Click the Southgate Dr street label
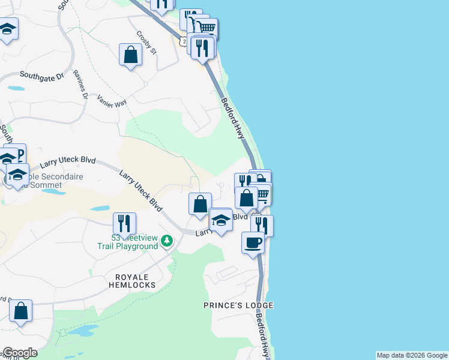[41, 76]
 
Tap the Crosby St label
[146, 43]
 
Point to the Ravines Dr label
[80, 85]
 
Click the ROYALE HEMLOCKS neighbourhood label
[131, 281]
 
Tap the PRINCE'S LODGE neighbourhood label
[238, 305]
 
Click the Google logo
[19, 353]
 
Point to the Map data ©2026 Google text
[412, 355]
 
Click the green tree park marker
[167, 242]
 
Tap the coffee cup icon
[253, 242]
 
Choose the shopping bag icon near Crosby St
[130, 55]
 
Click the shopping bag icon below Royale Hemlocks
[20, 311]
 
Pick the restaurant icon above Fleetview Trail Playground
[124, 223]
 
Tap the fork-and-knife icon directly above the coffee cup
[262, 225]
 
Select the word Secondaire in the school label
[56, 178]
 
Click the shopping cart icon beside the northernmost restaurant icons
[206, 28]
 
